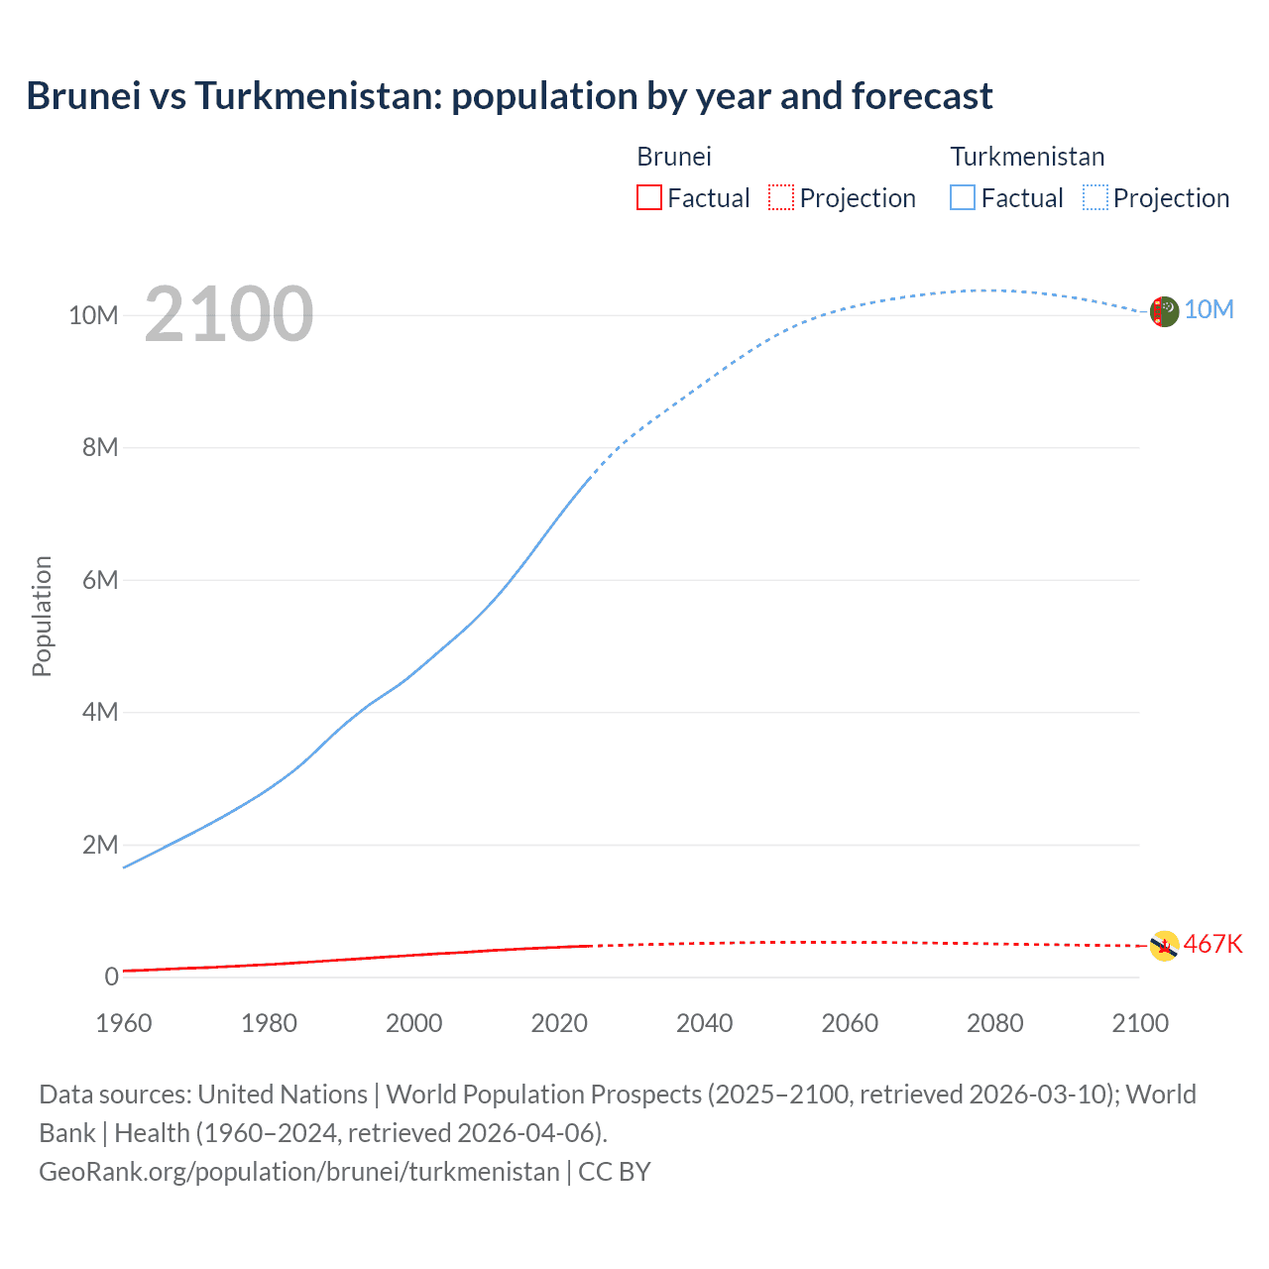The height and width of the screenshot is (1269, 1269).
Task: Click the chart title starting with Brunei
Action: coord(510,96)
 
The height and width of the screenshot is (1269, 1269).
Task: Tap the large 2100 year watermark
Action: coord(229,315)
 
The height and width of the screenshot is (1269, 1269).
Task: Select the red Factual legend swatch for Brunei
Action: coord(648,197)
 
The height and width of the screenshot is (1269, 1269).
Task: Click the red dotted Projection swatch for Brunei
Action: coord(781,197)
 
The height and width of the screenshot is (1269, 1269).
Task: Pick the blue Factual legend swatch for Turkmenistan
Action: coord(963,197)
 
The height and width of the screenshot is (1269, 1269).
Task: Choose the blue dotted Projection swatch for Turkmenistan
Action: coord(1096,197)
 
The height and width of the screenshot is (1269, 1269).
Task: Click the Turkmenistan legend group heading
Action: coord(1027,157)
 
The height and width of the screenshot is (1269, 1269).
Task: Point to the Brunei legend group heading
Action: coord(674,157)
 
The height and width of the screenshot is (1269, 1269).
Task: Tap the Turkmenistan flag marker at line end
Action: coord(1164,311)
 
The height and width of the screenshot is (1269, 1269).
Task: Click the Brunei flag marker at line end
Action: coord(1164,946)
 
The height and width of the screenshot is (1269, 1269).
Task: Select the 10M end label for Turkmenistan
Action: coord(1209,310)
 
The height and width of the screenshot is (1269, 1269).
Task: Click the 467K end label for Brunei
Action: coord(1212,944)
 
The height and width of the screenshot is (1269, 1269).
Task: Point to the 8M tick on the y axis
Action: coord(100,447)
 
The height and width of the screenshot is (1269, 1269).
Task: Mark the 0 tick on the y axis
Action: coord(111,977)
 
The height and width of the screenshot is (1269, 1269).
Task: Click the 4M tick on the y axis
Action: coord(100,712)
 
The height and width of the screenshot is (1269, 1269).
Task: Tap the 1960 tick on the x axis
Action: coord(124,1023)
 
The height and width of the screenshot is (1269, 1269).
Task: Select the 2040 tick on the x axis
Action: coord(705,1023)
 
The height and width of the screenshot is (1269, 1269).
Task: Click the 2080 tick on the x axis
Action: coord(994,1023)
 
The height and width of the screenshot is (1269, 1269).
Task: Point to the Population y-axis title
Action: coord(42,616)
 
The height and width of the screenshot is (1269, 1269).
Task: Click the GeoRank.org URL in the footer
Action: coord(299,1172)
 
